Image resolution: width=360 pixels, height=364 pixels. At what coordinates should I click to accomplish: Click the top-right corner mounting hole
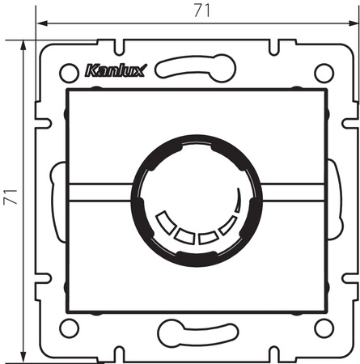[x=324, y=73]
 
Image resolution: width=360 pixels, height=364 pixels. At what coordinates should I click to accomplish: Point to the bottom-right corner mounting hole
[x=324, y=328]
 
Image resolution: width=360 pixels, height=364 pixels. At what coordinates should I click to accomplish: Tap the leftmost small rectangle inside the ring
[x=167, y=220]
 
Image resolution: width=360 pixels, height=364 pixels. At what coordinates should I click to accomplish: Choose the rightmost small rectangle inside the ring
[x=229, y=221]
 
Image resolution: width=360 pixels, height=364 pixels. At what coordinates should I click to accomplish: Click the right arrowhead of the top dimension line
[x=352, y=25]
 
